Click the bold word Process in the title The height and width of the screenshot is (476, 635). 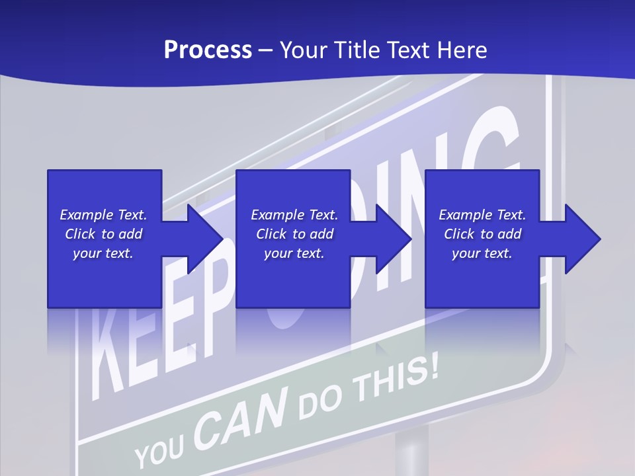click(x=208, y=50)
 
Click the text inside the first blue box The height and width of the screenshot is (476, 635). click(x=103, y=234)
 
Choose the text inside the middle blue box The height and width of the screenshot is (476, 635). click(x=294, y=234)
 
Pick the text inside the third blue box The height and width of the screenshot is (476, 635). click(x=482, y=234)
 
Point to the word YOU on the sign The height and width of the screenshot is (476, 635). click(x=159, y=450)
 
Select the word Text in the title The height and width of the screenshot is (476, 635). click(x=406, y=50)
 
